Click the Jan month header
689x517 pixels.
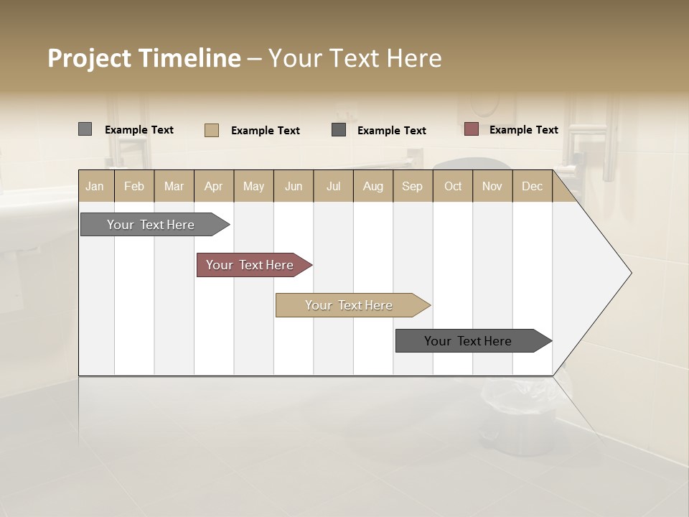pos(95,186)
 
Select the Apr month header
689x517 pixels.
pos(213,186)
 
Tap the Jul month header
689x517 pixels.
pos(333,186)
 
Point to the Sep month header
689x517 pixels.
pos(412,186)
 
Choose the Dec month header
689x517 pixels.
pos(532,186)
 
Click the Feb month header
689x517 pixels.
pos(134,186)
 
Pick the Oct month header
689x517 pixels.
pos(453,186)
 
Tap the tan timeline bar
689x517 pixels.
pos(350,305)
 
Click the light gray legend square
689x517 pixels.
pos(85,129)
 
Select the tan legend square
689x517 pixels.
pos(212,130)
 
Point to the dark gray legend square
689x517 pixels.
pos(339,130)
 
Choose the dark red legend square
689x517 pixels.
pos(471,129)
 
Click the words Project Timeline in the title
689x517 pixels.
pos(144,58)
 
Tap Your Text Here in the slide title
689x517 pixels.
pos(355,58)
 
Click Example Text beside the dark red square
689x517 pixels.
pos(523,130)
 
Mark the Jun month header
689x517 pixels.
pos(294,186)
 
